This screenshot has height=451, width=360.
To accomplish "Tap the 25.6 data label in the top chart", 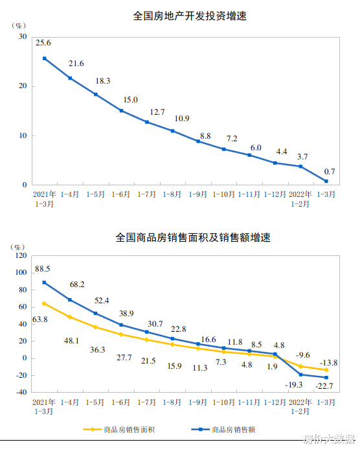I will pyautogui.click(x=44, y=43).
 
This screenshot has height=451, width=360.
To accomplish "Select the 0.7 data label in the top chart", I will pyautogui.click(x=329, y=171).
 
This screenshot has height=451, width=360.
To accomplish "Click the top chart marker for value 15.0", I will pyautogui.click(x=121, y=111).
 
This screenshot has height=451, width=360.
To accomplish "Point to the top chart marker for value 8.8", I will pyautogui.click(x=198, y=141).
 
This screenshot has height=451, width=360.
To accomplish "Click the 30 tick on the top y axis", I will pyautogui.click(x=23, y=36).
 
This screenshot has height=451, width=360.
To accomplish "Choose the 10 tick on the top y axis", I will pyautogui.click(x=23, y=135).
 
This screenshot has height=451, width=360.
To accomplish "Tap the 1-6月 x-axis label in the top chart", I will pyautogui.click(x=121, y=194).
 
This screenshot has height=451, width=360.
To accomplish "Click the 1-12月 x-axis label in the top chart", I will pyautogui.click(x=275, y=194).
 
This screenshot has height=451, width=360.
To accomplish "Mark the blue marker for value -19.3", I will pyautogui.click(x=300, y=375).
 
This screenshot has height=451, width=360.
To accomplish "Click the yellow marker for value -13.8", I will pyautogui.click(x=326, y=370).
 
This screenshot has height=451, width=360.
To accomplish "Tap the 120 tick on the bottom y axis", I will pyautogui.click(x=19, y=255).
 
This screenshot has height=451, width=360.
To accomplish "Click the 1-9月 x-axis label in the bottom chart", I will pyautogui.click(x=198, y=401).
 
